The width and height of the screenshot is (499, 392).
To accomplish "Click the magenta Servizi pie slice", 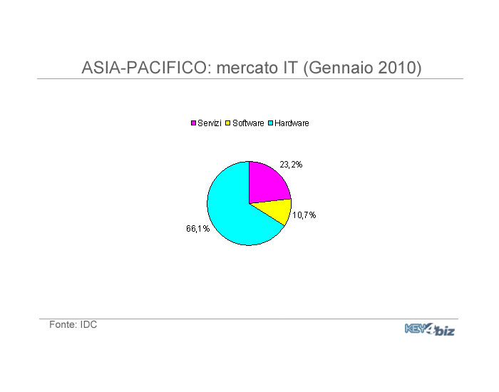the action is pyautogui.click(x=267, y=185).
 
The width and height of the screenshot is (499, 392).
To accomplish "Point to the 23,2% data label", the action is pyautogui.click(x=291, y=165).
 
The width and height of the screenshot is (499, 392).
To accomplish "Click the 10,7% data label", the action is pyautogui.click(x=304, y=215).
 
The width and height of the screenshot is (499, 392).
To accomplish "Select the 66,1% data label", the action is pyautogui.click(x=198, y=229).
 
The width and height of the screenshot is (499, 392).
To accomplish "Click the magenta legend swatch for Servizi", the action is pyautogui.click(x=193, y=123).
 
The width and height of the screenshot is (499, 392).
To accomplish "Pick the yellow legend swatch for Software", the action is pyautogui.click(x=228, y=123).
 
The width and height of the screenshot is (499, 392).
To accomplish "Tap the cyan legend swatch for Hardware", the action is pyautogui.click(x=270, y=123).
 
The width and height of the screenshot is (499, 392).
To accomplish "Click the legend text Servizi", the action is pyautogui.click(x=210, y=123).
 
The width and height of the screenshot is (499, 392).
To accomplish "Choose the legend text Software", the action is pyautogui.click(x=248, y=123).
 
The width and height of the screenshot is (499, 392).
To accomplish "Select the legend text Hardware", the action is pyautogui.click(x=292, y=123).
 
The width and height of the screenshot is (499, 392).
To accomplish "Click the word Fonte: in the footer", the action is pyautogui.click(x=63, y=324).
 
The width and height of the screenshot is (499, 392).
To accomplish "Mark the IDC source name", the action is pyautogui.click(x=88, y=324).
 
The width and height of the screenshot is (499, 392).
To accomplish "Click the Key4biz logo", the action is pyautogui.click(x=430, y=329).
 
